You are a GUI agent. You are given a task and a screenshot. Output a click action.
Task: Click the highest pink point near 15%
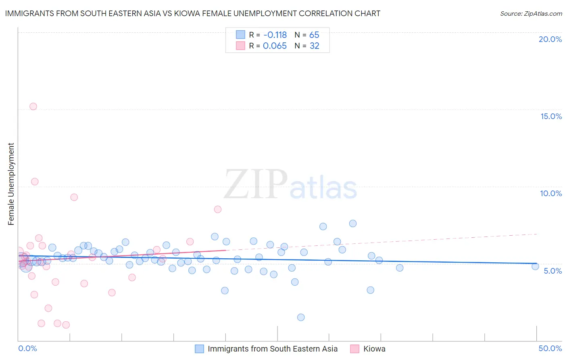coord(33,107)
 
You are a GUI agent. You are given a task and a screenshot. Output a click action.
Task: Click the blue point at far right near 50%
coord(535,266)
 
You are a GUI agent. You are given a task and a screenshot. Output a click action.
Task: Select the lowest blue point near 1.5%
coord(301,317)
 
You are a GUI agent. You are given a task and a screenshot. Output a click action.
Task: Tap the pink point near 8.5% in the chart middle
coord(218,209)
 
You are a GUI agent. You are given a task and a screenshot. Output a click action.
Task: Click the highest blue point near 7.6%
coord(353,224)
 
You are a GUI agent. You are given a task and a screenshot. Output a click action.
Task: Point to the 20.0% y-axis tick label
coord(550,39)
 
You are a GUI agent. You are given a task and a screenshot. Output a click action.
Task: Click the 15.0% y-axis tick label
coord(551,116)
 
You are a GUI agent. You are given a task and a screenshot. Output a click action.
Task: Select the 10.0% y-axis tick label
coord(551,193)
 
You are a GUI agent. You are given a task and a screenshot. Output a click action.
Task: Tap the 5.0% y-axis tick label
coord(552,271)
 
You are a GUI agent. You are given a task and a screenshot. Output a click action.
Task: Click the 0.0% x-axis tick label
coord(27,348)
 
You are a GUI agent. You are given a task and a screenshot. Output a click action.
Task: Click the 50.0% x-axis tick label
coord(550,348)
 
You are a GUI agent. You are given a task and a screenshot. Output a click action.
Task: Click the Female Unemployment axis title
coord(11,184)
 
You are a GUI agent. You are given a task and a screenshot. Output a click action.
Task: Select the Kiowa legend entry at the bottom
coord(374,349)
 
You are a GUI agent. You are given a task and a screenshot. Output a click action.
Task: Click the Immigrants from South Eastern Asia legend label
coord(273,349)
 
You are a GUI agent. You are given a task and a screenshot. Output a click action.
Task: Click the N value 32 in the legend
coord(314,46)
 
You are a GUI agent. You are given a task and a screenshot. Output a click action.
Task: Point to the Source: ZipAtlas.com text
coord(531,14)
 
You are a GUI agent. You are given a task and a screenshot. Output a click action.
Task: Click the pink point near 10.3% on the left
coord(35,182)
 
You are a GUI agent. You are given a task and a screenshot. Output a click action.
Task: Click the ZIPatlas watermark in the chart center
coord(290,185)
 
